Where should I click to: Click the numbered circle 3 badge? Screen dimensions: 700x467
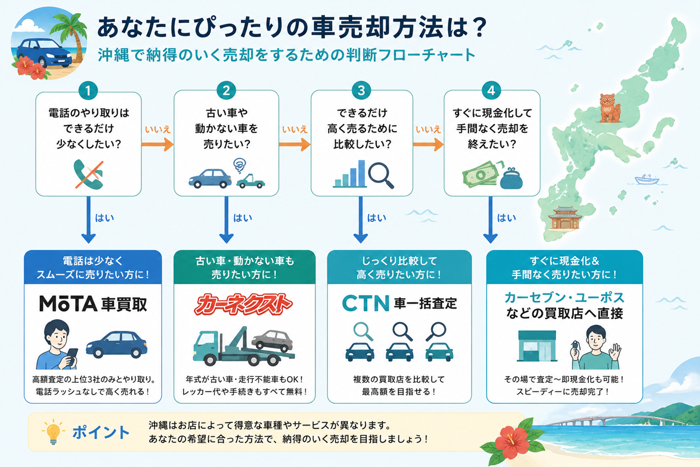point(361,91)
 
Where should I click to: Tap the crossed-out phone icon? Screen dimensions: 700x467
point(89,175)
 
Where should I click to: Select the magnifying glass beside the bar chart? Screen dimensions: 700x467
point(381,176)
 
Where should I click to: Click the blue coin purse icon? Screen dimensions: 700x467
point(511,179)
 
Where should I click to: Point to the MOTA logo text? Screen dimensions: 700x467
point(68,303)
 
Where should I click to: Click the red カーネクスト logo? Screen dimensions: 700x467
point(243,304)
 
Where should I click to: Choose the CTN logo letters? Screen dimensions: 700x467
point(365,303)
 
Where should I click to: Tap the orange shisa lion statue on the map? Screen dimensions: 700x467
point(609,108)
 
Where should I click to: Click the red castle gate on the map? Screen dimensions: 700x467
point(565,218)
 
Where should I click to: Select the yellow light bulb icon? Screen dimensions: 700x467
point(53,431)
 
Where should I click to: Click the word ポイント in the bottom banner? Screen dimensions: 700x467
point(101,432)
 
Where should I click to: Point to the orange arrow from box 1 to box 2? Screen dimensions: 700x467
point(157,145)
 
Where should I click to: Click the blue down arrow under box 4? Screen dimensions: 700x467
point(490,220)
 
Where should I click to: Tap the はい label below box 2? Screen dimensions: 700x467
point(243,218)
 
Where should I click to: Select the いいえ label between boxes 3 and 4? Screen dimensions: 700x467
point(428,129)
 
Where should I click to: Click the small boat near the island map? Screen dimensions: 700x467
point(647,179)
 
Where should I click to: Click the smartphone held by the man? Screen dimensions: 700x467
point(72,356)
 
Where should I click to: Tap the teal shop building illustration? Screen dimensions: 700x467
point(537,346)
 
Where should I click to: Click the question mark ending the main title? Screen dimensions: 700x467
point(478,28)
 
